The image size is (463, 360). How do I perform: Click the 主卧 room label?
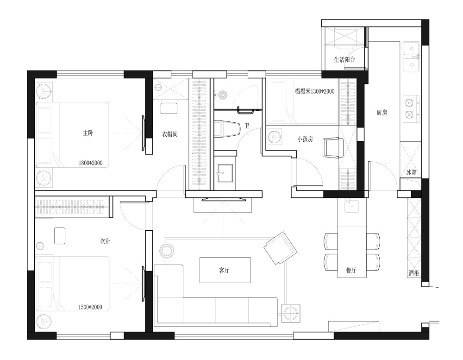pyautogui.click(x=88, y=133)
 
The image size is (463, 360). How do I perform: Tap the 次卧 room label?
pyautogui.click(x=106, y=241)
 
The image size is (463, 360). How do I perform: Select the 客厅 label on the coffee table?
pyautogui.click(x=225, y=270)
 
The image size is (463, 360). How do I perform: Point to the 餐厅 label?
pyautogui.click(x=351, y=270)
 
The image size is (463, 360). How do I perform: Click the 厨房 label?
pyautogui.click(x=382, y=113)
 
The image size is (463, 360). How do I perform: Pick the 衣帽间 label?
pyautogui.click(x=170, y=134)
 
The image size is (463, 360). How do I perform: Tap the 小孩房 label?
pyautogui.click(x=305, y=139)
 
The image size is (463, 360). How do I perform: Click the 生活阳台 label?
pyautogui.click(x=344, y=60)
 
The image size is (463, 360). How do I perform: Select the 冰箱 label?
pyautogui.click(x=411, y=172)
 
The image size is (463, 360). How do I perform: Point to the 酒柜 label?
pyautogui.click(x=414, y=273)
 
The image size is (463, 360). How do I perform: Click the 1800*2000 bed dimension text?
pyautogui.click(x=91, y=163)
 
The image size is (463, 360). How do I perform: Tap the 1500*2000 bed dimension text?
pyautogui.click(x=90, y=307)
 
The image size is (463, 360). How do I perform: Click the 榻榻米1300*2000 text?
pyautogui.click(x=314, y=91)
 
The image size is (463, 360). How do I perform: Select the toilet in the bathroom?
pyautogui.click(x=227, y=129)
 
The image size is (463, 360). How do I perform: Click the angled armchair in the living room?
pyautogui.click(x=281, y=248)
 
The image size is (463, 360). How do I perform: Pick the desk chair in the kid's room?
pyautogui.click(x=333, y=147)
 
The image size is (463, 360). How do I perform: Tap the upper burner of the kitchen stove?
pyautogui.click(x=409, y=102)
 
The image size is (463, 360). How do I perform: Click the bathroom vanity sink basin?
pyautogui.click(x=225, y=173)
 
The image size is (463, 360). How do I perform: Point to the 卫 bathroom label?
pyautogui.click(x=247, y=126)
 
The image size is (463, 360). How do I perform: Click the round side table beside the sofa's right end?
pyautogui.click(x=291, y=313)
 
